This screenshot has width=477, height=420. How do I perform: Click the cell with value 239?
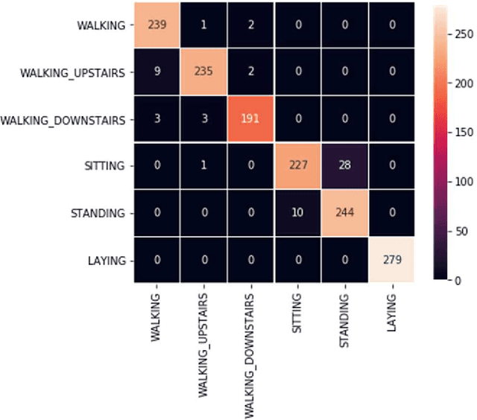(x=157, y=25)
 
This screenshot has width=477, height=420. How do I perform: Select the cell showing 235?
(x=203, y=73)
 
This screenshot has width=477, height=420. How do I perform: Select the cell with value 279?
(x=391, y=261)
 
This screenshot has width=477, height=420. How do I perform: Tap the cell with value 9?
(x=157, y=73)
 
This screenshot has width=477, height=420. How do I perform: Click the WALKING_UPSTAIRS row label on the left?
(x=72, y=73)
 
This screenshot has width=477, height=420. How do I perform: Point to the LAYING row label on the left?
(x=108, y=261)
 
